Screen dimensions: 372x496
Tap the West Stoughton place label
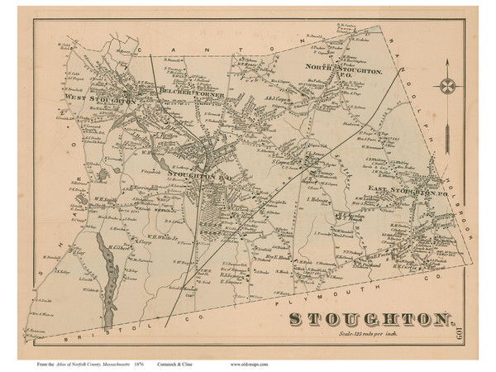(88, 99)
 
